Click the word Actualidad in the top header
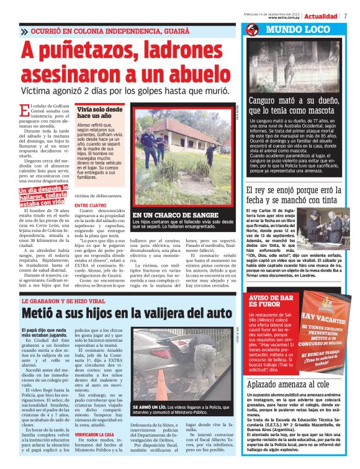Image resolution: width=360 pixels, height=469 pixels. pyautogui.click(x=321, y=16)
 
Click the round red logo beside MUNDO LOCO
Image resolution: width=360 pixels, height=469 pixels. pyautogui.click(x=252, y=30)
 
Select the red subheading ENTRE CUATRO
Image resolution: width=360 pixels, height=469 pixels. pyautogui.click(x=91, y=204)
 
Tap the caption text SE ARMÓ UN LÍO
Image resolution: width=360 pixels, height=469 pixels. pyautogui.click(x=147, y=407)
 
